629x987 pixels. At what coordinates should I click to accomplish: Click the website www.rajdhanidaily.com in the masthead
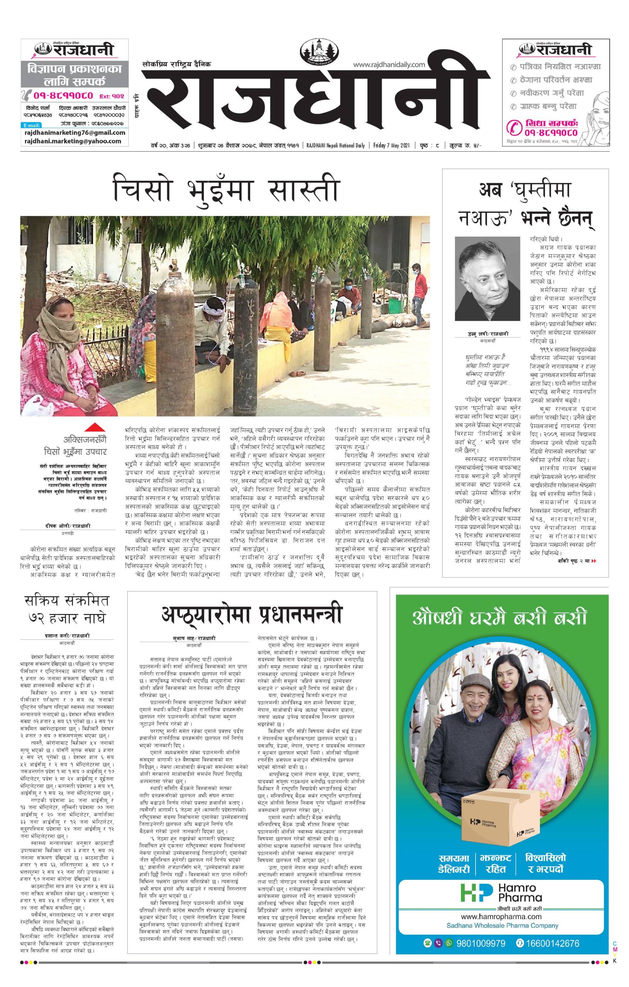[x=388, y=64]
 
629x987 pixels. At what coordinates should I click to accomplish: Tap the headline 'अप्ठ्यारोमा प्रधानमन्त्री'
[x=252, y=615]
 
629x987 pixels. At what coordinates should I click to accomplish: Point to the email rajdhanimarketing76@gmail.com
[x=75, y=133]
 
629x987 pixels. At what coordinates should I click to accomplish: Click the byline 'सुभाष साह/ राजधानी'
[x=194, y=638]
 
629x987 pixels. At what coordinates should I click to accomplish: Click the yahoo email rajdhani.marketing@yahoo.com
[x=73, y=141]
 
